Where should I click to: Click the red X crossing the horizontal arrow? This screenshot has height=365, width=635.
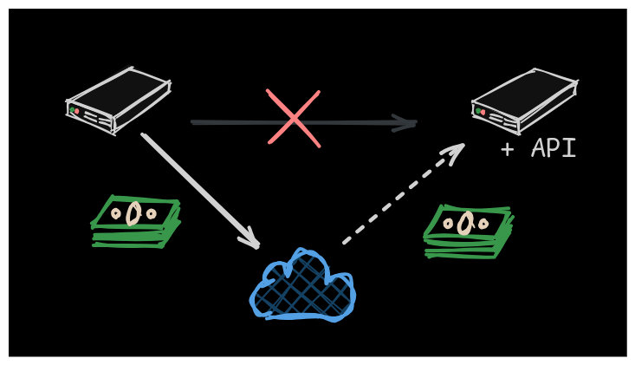pyautogui.click(x=294, y=118)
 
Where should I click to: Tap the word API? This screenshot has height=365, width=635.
pyautogui.click(x=554, y=148)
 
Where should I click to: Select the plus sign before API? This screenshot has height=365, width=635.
pyautogui.click(x=508, y=148)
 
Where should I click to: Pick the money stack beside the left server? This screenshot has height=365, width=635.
pyautogui.click(x=135, y=222)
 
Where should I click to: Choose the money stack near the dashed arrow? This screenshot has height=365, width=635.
pyautogui.click(x=468, y=231)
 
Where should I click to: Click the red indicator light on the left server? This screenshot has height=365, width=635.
pyautogui.click(x=77, y=112)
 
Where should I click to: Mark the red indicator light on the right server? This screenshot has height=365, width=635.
pyautogui.click(x=483, y=112)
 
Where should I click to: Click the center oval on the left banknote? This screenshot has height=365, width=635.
pyautogui.click(x=133, y=213)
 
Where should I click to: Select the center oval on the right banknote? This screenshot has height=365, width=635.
pyautogui.click(x=466, y=223)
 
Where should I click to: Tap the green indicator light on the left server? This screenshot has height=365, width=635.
pyautogui.click(x=72, y=110)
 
